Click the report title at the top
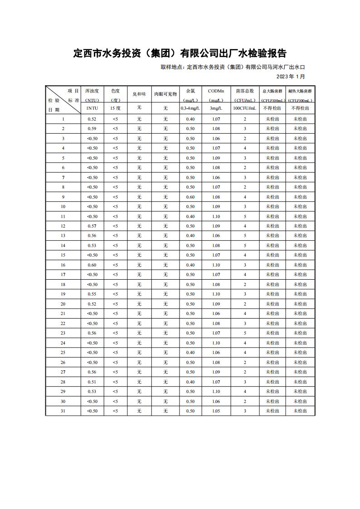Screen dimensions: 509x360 [180, 53]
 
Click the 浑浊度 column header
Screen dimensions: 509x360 [92, 91]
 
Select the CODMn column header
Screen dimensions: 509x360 [216, 91]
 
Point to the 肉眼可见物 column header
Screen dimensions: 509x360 [165, 94]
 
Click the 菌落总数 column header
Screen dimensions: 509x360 [245, 91]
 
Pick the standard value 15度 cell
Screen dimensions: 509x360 [115, 108]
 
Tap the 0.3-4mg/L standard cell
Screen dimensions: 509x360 [190, 108]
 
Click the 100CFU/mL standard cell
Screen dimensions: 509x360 [245, 108]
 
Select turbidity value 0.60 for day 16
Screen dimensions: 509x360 [92, 265]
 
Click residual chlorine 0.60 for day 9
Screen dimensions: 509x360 [190, 197]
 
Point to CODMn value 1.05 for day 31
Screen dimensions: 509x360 [216, 411]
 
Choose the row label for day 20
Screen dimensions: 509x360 [63, 304]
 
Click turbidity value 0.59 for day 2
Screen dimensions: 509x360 [92, 129]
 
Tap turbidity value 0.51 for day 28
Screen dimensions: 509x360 [92, 382]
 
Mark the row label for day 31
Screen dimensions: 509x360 [63, 411]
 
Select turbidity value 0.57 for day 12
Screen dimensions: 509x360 [92, 226]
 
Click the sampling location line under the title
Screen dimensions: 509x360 [233, 67]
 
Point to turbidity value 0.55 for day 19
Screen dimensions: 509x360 [92, 294]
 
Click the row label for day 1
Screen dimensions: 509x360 [63, 119]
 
